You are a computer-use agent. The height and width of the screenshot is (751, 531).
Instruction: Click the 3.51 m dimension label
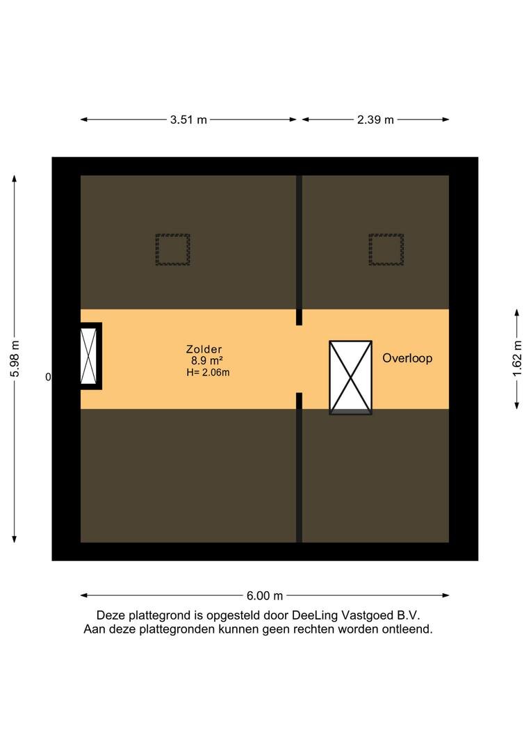[x=188, y=120]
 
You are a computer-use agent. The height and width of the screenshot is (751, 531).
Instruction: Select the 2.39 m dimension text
[x=375, y=120]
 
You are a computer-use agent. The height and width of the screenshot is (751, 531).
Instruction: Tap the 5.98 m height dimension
[x=15, y=359]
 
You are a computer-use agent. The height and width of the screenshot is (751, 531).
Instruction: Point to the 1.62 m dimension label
[x=517, y=359]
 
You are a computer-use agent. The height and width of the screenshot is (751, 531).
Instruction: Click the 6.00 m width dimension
[x=265, y=596]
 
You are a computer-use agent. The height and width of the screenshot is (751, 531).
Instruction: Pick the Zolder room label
[x=204, y=349]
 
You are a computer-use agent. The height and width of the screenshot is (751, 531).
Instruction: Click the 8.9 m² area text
[x=207, y=361]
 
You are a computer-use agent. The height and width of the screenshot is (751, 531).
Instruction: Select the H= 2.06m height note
[x=208, y=372]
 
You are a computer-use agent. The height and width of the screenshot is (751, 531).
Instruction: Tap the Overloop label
[x=407, y=358]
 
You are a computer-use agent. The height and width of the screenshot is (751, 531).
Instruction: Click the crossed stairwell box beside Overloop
[x=350, y=377]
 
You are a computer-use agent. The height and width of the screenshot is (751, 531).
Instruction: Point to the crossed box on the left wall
[x=90, y=356]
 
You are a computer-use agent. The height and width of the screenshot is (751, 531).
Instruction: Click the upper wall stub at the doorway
[x=300, y=317]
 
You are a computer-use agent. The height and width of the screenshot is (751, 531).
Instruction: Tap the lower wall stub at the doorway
[x=300, y=401]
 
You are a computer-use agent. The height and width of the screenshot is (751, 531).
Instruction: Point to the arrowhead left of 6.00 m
[x=84, y=596]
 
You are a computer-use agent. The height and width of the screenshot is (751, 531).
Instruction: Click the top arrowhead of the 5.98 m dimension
[x=15, y=179]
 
